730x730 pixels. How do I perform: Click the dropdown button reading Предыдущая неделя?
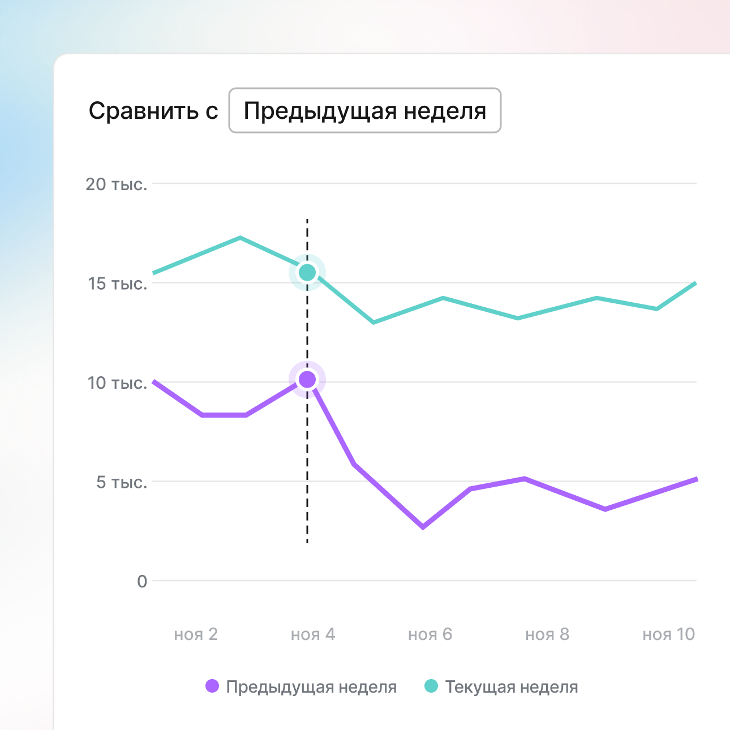[364, 110]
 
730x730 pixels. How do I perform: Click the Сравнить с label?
[153, 111]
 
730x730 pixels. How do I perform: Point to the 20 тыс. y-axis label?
[117, 184]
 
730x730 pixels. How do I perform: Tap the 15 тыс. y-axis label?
[118, 284]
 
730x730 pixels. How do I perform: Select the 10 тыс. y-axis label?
[118, 383]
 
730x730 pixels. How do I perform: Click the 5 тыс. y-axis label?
[122, 482]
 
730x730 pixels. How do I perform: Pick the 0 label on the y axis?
[142, 582]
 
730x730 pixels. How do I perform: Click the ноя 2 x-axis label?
[196, 634]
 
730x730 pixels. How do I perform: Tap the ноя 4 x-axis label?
[313, 634]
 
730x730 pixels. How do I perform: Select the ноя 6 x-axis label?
[430, 634]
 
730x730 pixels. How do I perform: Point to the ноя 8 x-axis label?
[547, 634]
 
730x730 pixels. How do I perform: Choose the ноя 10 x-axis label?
[668, 634]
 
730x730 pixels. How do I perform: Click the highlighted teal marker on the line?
[307, 273]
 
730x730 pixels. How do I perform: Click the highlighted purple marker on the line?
[307, 379]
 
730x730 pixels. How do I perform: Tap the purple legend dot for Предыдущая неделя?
[212, 686]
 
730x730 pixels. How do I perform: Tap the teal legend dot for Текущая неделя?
[431, 686]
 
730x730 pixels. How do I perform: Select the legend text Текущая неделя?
[512, 687]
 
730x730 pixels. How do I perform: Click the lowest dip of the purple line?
[423, 527]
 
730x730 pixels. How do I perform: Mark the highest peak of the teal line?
[240, 238]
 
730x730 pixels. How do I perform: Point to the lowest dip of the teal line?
[373, 323]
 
